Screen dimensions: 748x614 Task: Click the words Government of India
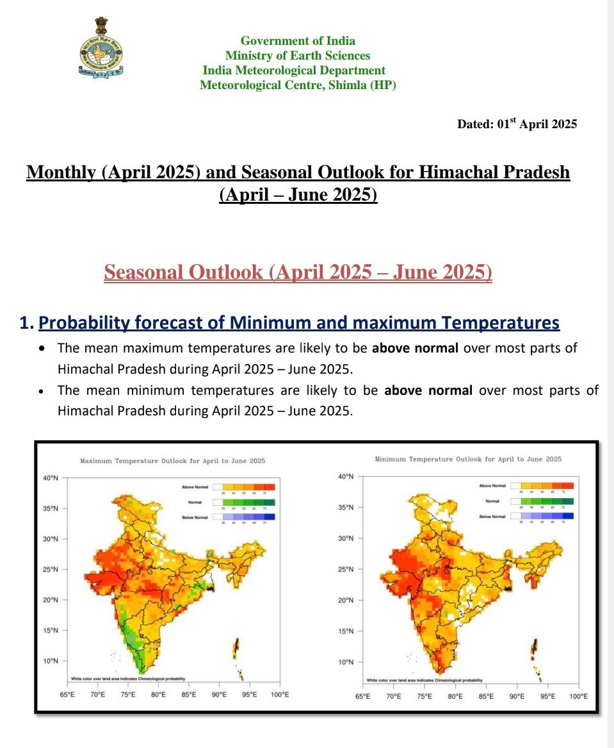point(298,41)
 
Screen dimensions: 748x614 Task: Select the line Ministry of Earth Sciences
point(298,56)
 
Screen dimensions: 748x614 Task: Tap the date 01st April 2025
point(517,124)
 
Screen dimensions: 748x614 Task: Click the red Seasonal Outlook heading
point(298,272)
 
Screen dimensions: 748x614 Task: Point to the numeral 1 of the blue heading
point(26,323)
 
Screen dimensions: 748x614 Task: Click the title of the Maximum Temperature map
point(172,461)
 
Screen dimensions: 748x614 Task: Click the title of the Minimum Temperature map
point(467,459)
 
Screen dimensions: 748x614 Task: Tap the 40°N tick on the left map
point(51,478)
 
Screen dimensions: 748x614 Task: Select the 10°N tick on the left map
point(51,661)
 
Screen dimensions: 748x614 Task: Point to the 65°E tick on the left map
point(67,695)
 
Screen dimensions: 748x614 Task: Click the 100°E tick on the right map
point(578,696)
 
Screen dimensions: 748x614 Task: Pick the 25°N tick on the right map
point(346,569)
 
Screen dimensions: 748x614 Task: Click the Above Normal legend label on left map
point(195,488)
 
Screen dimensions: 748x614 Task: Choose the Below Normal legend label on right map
point(492,516)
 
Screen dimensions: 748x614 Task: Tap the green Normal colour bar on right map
point(547,501)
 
